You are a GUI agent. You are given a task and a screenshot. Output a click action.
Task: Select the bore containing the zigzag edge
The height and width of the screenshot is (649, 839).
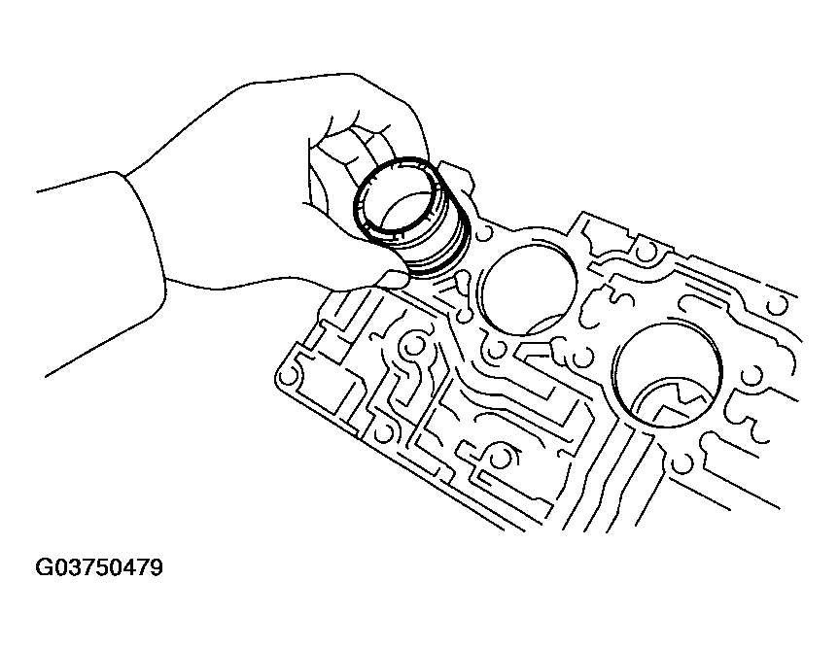pyautogui.click(x=666, y=375)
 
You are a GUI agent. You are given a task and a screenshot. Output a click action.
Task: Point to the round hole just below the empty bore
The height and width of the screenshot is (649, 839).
pyautogui.click(x=498, y=348)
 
